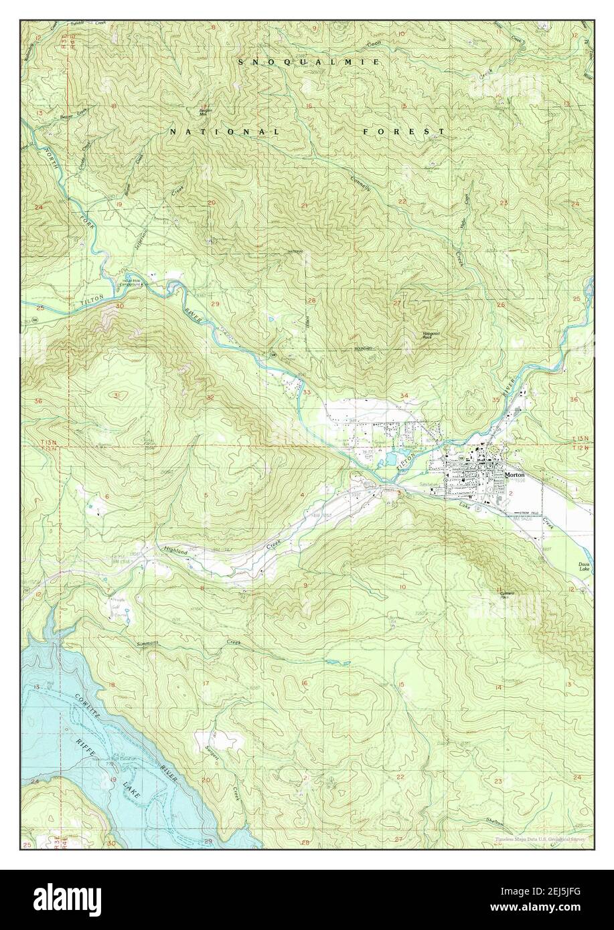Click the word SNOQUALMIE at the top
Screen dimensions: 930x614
click(x=310, y=62)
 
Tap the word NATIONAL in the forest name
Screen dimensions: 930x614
click(x=224, y=132)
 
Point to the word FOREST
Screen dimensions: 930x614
click(x=404, y=132)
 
